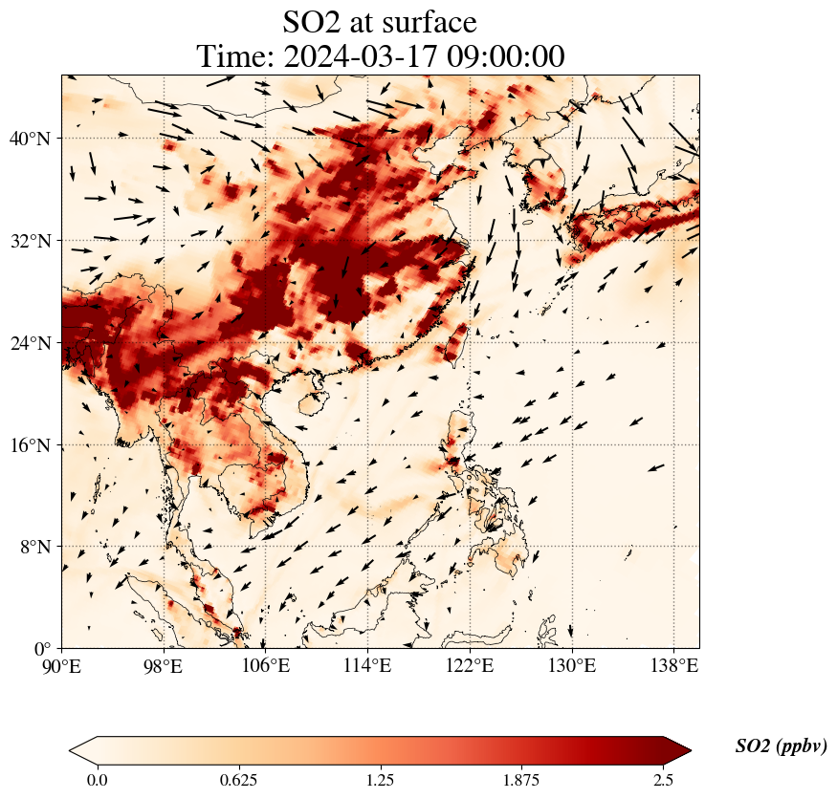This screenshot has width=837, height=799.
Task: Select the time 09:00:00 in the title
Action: pyautogui.click(x=502, y=56)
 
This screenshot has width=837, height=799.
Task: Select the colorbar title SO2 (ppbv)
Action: pyautogui.click(x=781, y=746)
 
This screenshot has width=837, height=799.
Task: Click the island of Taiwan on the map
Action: pyautogui.click(x=455, y=344)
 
